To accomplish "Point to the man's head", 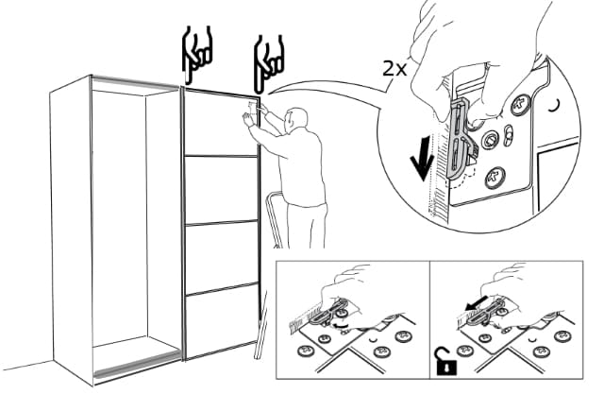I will click(295, 121).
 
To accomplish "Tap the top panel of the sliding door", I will click(220, 123).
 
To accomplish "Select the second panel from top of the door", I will click(221, 190).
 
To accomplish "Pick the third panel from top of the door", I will click(221, 257).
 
